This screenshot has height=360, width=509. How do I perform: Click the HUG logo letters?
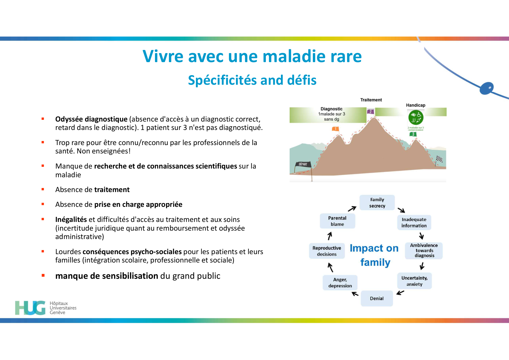tap(30, 308)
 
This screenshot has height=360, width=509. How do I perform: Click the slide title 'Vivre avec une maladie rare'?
tap(252, 56)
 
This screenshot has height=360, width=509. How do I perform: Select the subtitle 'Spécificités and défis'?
tap(252, 80)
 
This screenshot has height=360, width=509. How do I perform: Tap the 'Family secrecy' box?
tap(377, 203)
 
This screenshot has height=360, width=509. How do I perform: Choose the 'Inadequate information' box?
tap(414, 222)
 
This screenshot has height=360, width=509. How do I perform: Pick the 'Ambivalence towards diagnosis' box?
tap(424, 251)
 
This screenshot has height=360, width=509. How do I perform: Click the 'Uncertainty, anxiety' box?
tap(414, 281)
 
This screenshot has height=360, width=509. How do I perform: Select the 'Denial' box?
tap(377, 299)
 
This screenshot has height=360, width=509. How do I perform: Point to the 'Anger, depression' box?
tap(340, 283)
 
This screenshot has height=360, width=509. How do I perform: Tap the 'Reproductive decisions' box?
tap(327, 251)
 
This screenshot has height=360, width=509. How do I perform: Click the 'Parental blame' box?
tap(337, 221)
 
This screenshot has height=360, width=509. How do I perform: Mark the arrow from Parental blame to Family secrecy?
tap(352, 209)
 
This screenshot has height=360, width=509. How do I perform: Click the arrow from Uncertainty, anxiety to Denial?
tap(400, 293)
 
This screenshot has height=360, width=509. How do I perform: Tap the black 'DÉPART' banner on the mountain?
tap(303, 164)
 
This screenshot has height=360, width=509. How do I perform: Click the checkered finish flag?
tap(439, 159)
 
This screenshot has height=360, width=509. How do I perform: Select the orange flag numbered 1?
tap(335, 129)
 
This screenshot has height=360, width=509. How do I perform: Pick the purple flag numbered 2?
tap(371, 112)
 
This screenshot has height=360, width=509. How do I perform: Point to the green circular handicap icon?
tap(416, 118)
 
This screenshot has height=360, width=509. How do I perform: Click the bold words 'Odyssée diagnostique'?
tap(91, 119)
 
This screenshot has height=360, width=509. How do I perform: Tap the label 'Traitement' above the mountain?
tap(371, 100)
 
